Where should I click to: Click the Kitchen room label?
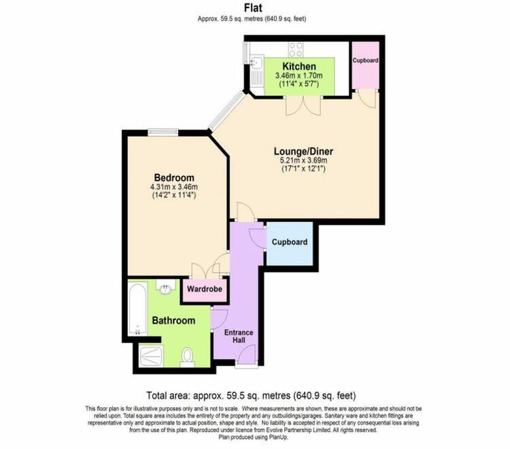[x=299, y=67]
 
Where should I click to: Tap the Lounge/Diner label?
[x=303, y=151]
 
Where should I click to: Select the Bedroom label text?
[x=174, y=178]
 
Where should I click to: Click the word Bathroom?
[x=173, y=321]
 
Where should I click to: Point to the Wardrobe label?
[x=205, y=289]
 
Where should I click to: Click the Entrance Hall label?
[x=239, y=336]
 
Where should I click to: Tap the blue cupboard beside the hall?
[x=290, y=244]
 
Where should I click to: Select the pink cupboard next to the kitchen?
[x=366, y=65]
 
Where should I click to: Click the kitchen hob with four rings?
[x=296, y=50]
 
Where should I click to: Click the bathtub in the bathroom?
[x=138, y=308]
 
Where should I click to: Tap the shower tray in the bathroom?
[x=150, y=357]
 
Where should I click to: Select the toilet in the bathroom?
[x=187, y=357]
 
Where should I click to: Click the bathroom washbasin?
[x=166, y=286]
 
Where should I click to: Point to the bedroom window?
[x=163, y=132]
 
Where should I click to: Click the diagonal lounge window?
[x=227, y=111]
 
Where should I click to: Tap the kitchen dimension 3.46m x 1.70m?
[x=299, y=76]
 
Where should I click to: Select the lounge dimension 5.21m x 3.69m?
[x=303, y=160]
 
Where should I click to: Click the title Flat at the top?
[x=253, y=7]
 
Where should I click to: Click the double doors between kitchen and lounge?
[x=303, y=105]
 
